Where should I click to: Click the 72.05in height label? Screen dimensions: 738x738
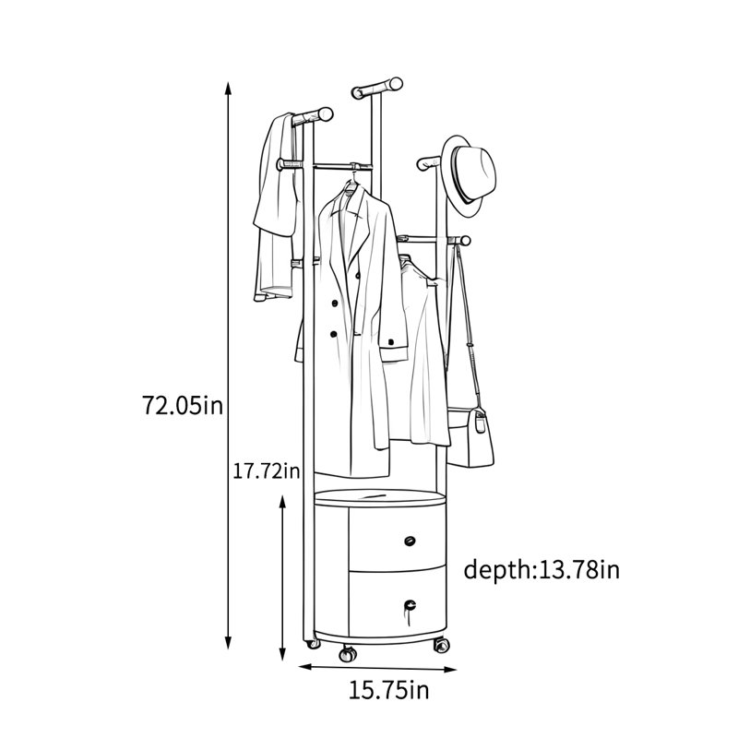click(x=182, y=405)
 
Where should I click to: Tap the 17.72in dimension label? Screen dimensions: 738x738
click(x=267, y=470)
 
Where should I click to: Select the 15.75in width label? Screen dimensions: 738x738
click(x=388, y=690)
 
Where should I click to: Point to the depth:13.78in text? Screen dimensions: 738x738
click(x=542, y=569)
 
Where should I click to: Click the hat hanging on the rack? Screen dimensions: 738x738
click(x=470, y=175)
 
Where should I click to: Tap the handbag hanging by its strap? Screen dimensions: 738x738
click(x=470, y=436)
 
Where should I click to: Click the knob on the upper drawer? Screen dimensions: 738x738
click(x=410, y=541)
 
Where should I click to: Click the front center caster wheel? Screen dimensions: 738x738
click(x=348, y=654)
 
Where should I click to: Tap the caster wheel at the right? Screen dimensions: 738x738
click(x=442, y=644)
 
